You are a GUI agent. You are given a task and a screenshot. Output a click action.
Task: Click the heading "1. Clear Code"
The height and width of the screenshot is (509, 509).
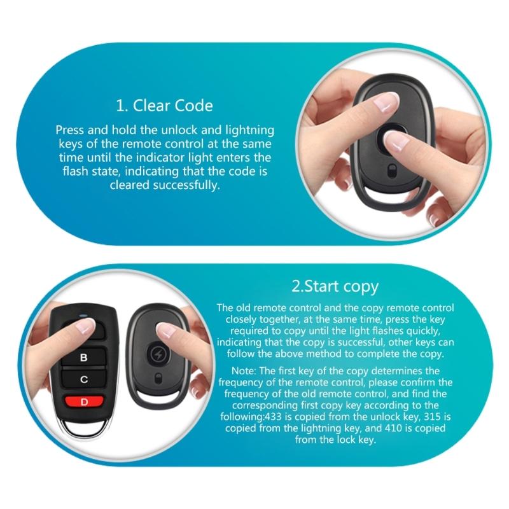click(164, 104)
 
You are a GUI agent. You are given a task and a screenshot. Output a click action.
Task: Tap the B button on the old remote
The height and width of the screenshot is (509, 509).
click(83, 358)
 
